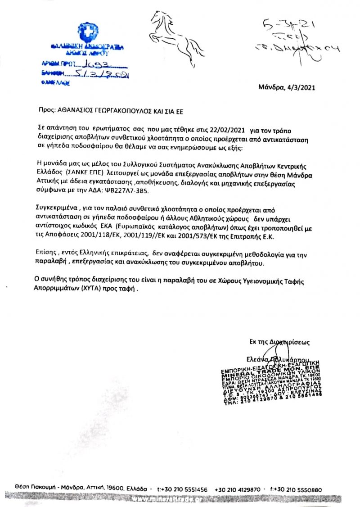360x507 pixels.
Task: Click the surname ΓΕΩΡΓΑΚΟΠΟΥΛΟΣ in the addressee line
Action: [120, 109]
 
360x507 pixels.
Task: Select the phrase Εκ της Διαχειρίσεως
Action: [279, 342]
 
